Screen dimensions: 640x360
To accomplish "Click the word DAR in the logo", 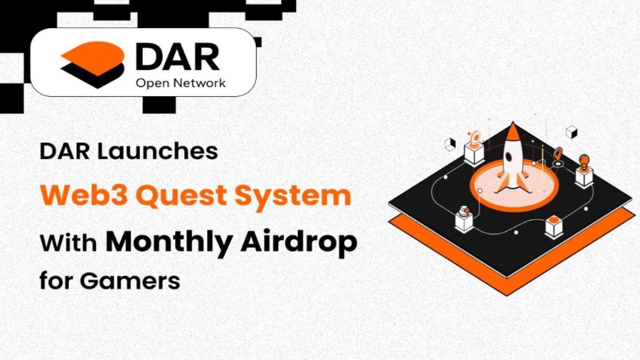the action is point(177,57).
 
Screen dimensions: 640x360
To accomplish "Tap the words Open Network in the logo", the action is point(181,83).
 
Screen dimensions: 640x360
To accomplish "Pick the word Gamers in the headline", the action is point(130,281).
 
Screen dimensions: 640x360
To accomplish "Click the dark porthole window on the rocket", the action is point(509,156).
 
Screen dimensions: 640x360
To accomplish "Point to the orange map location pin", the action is point(558,154).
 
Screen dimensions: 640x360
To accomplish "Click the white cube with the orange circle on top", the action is point(554,226).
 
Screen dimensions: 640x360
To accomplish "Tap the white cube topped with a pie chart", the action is point(464,219).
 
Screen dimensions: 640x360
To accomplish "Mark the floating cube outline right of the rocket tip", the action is point(572,132).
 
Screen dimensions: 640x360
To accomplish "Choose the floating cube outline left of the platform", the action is point(450,144).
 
